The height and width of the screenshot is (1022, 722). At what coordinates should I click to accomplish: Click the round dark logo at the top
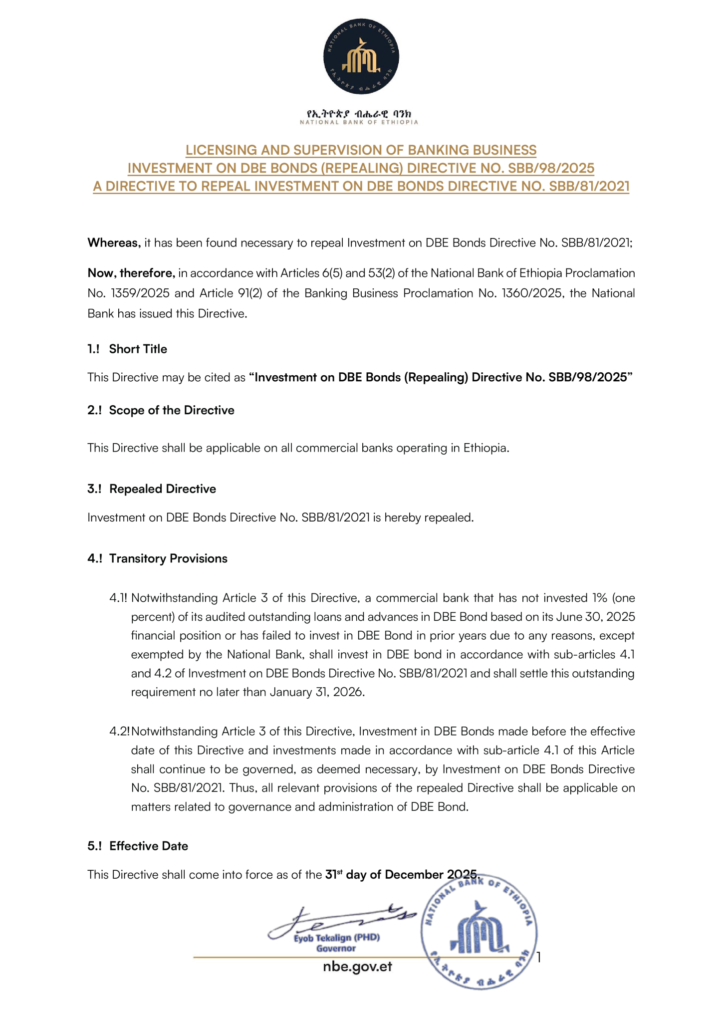click(361, 56)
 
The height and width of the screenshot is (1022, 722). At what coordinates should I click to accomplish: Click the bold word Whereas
click(114, 243)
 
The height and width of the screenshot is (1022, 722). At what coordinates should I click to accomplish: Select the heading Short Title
click(138, 349)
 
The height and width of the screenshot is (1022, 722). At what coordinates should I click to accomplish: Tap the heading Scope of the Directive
click(172, 410)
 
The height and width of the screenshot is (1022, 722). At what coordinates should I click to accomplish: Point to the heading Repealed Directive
click(163, 489)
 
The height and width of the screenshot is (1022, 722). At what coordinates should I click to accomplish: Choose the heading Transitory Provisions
click(168, 558)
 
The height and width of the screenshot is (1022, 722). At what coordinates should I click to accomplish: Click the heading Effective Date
click(149, 846)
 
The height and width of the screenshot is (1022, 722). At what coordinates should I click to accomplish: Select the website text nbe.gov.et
click(358, 967)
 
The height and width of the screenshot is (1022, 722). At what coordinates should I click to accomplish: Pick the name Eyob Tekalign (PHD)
click(337, 938)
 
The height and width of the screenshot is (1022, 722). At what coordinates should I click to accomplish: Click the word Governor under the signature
click(336, 948)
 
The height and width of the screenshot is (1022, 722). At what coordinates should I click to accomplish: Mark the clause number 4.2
click(119, 732)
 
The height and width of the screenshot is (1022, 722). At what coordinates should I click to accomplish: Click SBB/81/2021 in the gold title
click(589, 186)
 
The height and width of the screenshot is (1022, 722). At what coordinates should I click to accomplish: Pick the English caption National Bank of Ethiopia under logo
click(359, 122)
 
